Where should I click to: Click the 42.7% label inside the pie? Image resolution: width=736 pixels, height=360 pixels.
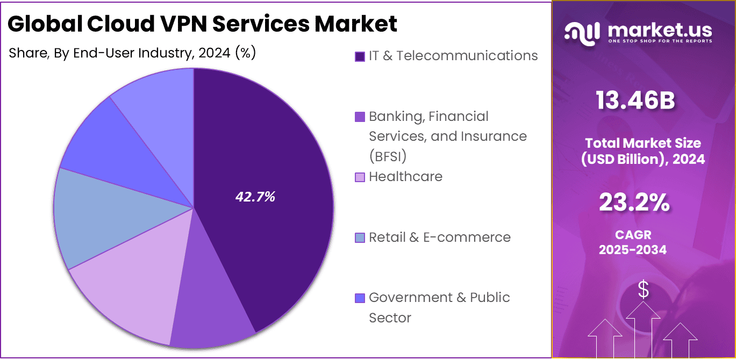255,197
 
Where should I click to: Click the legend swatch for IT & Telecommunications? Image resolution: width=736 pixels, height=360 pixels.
360,56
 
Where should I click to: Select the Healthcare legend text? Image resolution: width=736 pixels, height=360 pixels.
405,177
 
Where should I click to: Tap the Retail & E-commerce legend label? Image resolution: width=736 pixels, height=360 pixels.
439,237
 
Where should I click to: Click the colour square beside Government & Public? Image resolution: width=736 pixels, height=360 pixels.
360,298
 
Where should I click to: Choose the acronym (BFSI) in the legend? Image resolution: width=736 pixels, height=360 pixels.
387,156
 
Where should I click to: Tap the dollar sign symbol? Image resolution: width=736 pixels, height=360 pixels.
643,291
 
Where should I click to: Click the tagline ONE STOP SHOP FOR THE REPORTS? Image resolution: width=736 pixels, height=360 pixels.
660,41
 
